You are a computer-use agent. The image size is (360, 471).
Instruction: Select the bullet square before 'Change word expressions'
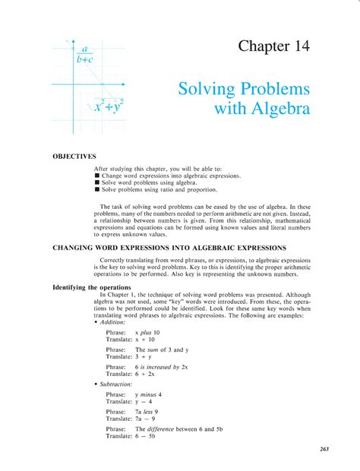[x=97, y=175]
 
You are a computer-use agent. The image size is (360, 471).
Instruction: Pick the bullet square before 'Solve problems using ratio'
[x=97, y=188]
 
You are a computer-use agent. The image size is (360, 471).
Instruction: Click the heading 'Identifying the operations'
[x=92, y=287]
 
